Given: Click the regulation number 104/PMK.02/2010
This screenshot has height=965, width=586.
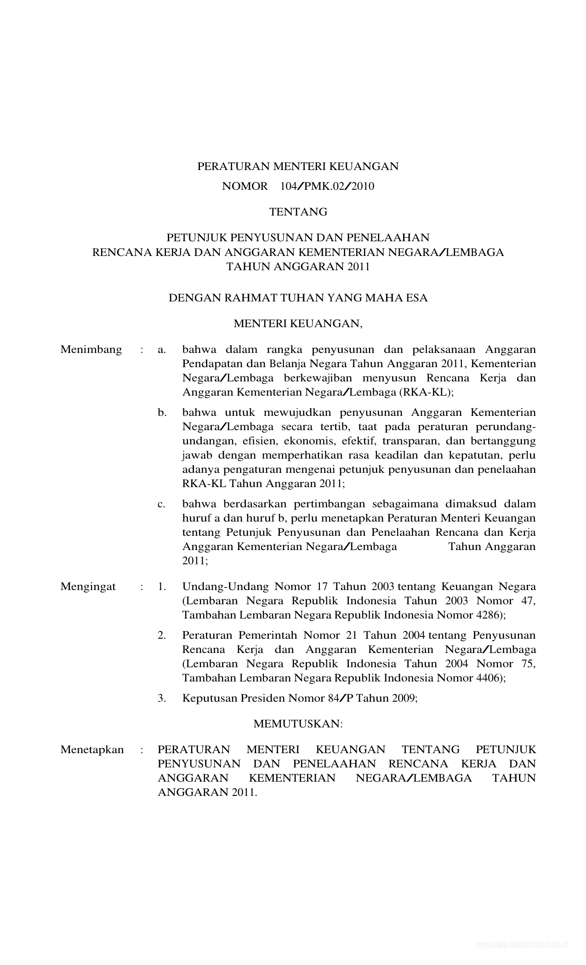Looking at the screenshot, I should pyautogui.click(x=327, y=186).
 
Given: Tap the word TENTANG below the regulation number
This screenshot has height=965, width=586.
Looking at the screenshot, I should pyautogui.click(x=298, y=212).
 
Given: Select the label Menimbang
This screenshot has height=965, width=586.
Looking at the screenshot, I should pyautogui.click(x=91, y=350).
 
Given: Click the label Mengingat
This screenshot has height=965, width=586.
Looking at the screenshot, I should pyautogui.click(x=88, y=587).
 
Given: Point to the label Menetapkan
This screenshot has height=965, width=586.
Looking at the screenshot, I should pyautogui.click(x=92, y=750).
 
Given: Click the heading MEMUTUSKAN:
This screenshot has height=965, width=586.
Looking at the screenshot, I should pyautogui.click(x=298, y=724).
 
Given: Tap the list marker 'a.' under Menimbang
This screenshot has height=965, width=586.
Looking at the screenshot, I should pyautogui.click(x=162, y=350).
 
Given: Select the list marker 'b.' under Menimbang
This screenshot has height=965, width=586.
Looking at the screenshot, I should pyautogui.click(x=162, y=413).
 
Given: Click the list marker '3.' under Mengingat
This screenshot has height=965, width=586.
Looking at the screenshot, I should pyautogui.click(x=162, y=698).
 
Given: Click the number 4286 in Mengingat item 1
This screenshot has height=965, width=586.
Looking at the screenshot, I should pyautogui.click(x=487, y=615).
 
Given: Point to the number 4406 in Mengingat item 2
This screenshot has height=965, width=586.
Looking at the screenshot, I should pyautogui.click(x=487, y=678).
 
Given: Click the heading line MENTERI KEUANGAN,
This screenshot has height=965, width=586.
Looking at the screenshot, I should pyautogui.click(x=298, y=324).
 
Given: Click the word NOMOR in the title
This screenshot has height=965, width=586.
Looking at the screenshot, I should pyautogui.click(x=245, y=186).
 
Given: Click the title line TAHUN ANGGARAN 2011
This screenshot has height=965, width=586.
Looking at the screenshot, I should pyautogui.click(x=298, y=267).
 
